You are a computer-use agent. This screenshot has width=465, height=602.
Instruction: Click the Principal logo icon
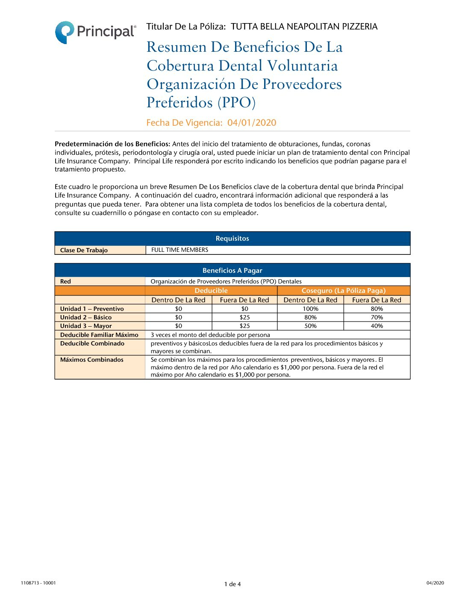(65, 32)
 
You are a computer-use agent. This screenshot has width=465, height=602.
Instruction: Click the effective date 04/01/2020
(252, 123)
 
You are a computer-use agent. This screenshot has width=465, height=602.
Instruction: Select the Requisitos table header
(232, 239)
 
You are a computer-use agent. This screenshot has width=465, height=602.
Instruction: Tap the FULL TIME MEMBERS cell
(180, 250)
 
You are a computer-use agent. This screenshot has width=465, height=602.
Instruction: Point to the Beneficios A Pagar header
(232, 271)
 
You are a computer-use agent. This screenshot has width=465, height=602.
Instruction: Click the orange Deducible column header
(211, 291)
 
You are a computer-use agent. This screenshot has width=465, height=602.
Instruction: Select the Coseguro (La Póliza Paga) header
(344, 291)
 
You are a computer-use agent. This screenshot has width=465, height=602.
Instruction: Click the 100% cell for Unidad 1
(310, 309)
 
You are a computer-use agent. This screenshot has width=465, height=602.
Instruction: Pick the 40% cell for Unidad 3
(377, 326)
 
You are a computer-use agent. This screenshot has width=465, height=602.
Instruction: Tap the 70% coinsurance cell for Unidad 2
(377, 317)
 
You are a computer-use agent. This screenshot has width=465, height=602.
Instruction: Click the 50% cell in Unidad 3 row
(310, 326)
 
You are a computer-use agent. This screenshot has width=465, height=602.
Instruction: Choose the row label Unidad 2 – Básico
(86, 317)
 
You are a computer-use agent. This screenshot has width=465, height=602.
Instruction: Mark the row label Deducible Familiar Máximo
(99, 335)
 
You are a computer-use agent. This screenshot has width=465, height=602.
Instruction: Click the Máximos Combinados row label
(92, 360)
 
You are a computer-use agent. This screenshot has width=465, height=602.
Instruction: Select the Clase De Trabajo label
(84, 251)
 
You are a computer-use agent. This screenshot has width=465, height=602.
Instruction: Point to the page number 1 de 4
(232, 584)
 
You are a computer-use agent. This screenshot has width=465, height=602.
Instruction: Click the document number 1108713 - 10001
(38, 583)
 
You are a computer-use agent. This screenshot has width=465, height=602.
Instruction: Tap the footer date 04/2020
(435, 583)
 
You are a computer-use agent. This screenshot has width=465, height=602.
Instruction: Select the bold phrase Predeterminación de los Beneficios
(112, 144)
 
